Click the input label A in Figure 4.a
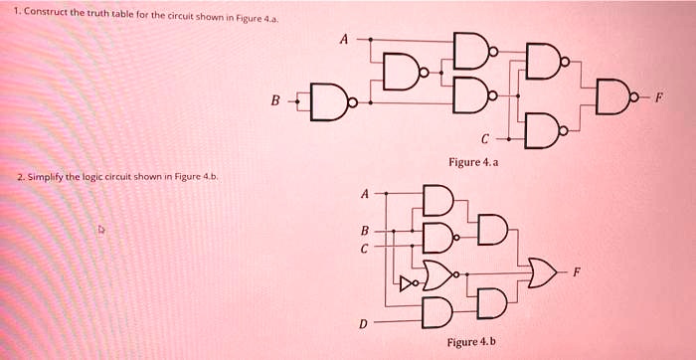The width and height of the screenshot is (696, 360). tap(344, 40)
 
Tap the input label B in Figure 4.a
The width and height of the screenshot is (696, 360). tap(275, 99)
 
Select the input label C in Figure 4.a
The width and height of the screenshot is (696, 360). tap(484, 137)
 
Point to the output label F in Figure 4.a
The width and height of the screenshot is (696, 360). tap(658, 98)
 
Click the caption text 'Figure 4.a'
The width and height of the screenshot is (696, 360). tap(473, 161)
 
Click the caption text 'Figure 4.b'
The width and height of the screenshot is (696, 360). tap(472, 342)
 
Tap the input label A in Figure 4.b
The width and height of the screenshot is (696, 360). tap(364, 193)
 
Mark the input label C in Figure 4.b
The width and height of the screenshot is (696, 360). tap(364, 249)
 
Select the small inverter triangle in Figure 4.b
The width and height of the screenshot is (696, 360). tap(405, 282)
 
